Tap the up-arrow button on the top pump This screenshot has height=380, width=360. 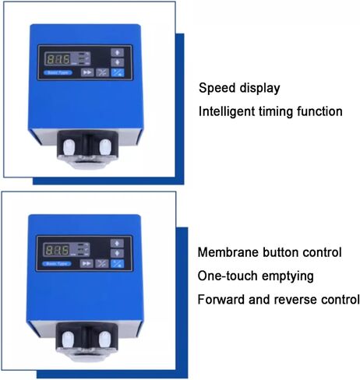(x=118, y=53)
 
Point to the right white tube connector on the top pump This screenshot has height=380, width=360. (x=106, y=144)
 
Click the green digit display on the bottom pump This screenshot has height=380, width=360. (x=58, y=250)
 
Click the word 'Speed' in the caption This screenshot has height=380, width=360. (x=216, y=88)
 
